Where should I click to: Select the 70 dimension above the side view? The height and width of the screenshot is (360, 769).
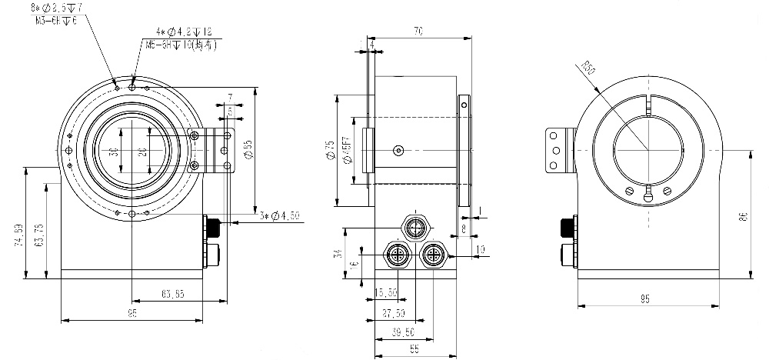point(418,32)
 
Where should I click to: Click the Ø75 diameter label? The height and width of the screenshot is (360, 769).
point(328,151)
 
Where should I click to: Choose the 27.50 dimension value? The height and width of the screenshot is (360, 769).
point(393,314)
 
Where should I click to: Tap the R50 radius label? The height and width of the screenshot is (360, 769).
point(591,68)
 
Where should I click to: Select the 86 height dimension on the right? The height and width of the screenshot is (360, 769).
point(743,216)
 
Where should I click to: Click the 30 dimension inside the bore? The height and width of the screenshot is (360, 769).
point(114,152)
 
